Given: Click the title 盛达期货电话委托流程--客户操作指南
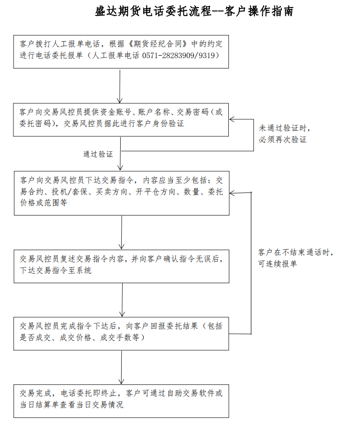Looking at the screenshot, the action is click(194, 12).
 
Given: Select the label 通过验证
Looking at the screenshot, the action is click(98, 154).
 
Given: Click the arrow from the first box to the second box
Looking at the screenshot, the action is click(120, 87).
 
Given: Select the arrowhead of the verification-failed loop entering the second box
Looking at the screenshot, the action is click(232, 119).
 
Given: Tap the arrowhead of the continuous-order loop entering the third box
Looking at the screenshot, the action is click(232, 193).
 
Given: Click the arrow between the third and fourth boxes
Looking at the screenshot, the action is click(122, 232).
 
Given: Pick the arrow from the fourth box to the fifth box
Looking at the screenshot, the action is click(122, 300).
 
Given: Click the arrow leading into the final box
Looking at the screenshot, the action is click(121, 367).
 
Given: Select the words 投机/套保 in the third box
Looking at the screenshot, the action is click(70, 192).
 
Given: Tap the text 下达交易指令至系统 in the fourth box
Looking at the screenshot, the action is click(56, 271).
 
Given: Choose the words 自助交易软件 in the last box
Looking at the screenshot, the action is click(191, 393).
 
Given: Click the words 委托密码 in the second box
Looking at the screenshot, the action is click(35, 124).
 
